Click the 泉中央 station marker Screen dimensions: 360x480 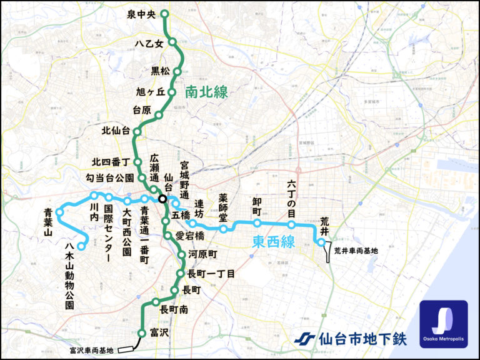(x=165, y=14)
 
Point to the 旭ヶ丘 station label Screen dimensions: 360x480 (x=150, y=92)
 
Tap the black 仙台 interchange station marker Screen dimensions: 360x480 (x=162, y=199)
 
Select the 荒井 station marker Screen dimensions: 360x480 (x=321, y=242)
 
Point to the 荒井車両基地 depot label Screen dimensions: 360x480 (x=356, y=251)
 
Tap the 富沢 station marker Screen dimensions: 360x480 (x=142, y=333)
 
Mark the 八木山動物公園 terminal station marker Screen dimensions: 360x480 (x=81, y=247)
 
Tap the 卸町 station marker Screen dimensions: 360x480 (x=257, y=222)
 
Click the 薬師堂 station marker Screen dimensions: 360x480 (x=223, y=229)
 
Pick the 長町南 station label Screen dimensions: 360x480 (x=174, y=309)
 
